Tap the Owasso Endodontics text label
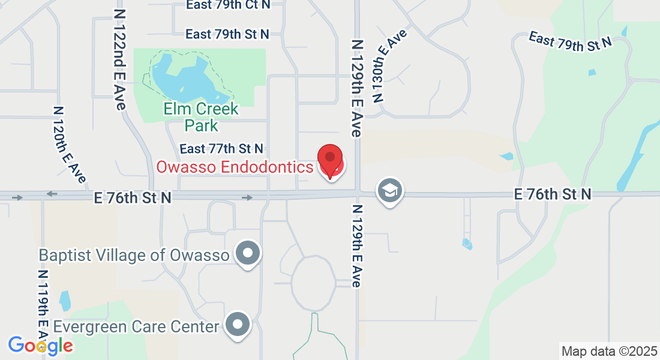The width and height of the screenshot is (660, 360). pos(235,167)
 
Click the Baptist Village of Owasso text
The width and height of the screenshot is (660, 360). pos(134,255)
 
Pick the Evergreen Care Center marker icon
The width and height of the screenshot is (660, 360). pos(238,326)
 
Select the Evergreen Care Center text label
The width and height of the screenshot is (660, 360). pos(136,327)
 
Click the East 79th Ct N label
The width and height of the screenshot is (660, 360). pos(227,5)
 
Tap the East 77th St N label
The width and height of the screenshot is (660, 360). pos(221,148)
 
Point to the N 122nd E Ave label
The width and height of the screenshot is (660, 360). pos(119,58)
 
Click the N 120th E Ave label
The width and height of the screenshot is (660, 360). pos(70,144)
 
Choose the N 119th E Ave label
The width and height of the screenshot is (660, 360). pos(43,312)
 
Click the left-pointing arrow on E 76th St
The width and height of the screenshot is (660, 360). pos(52,194)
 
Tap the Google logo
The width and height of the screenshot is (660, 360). pos(40,346)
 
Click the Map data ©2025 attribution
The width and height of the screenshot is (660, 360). pos(608,351)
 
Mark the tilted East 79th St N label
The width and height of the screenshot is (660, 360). pos(569,41)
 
